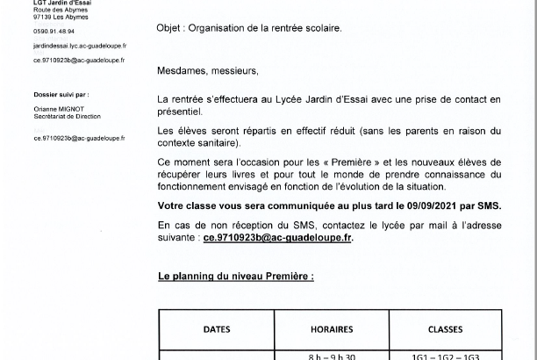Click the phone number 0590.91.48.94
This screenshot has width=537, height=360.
(x=54, y=31)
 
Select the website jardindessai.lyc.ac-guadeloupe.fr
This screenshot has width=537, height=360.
(x=80, y=45)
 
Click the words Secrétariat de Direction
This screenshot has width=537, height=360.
(x=67, y=116)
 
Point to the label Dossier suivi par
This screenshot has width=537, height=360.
(x=61, y=94)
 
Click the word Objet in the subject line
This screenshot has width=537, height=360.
(x=170, y=28)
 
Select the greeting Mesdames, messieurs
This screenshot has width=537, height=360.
(x=208, y=70)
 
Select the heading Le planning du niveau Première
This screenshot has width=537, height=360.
(x=235, y=276)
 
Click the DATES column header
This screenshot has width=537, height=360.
(x=217, y=330)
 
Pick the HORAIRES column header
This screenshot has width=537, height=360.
(x=332, y=330)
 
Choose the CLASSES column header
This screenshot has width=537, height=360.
(x=446, y=330)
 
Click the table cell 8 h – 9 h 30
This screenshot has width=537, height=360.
(x=332, y=356)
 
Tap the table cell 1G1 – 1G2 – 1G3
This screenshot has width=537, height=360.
(x=446, y=356)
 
